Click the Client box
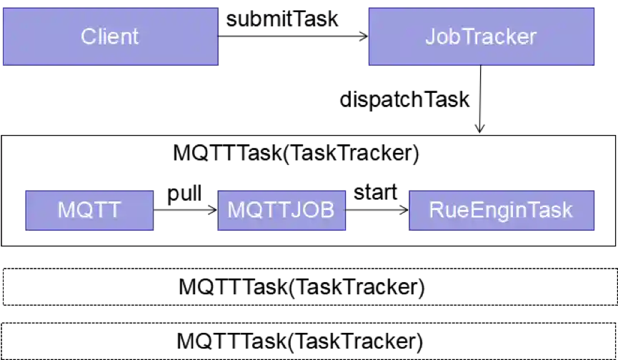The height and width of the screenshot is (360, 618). [110, 36]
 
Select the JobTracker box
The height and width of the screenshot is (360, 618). [481, 37]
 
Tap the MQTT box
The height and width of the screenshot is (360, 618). [89, 210]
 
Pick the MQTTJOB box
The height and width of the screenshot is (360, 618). [281, 210]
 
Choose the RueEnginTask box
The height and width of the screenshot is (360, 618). [500, 210]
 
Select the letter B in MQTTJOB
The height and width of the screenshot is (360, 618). [326, 210]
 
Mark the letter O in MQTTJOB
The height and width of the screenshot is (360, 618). [312, 210]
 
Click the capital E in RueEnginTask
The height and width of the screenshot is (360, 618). [466, 210]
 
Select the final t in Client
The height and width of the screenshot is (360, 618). [135, 36]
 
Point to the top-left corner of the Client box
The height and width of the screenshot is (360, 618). [2, 8]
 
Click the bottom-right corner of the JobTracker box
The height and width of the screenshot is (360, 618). [594, 66]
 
